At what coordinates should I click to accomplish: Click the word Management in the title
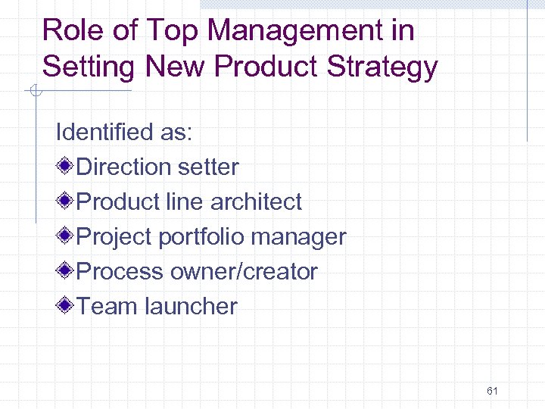click(x=294, y=31)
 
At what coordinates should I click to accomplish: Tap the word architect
click(x=256, y=202)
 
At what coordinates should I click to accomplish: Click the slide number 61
click(x=492, y=391)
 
